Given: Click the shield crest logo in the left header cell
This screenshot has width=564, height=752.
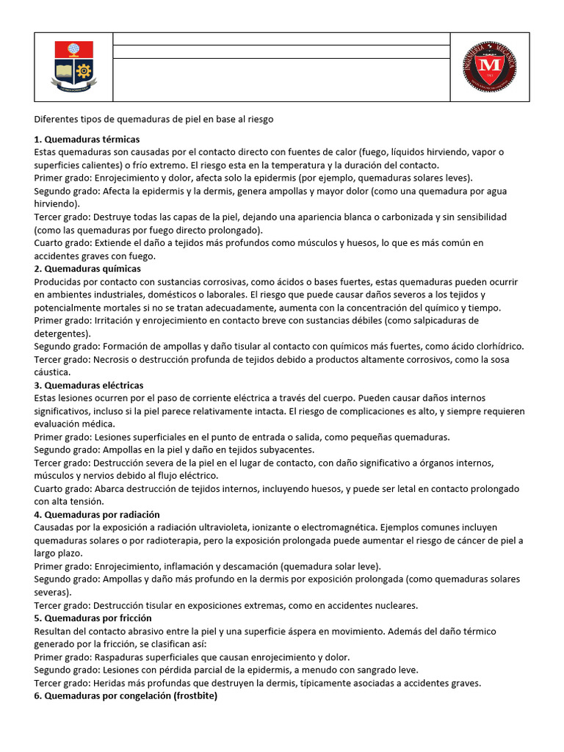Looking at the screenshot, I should coord(73,66).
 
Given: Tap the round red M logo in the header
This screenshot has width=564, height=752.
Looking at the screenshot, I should coord(489,67).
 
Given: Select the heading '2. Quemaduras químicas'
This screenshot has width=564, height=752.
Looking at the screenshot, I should coord(88,269).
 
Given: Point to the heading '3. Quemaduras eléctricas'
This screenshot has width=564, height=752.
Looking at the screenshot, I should coord(89,386).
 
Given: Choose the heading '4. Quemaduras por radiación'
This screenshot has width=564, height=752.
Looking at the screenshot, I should coord(97,515).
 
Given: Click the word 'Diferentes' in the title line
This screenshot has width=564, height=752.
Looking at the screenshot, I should coord(57,119).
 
